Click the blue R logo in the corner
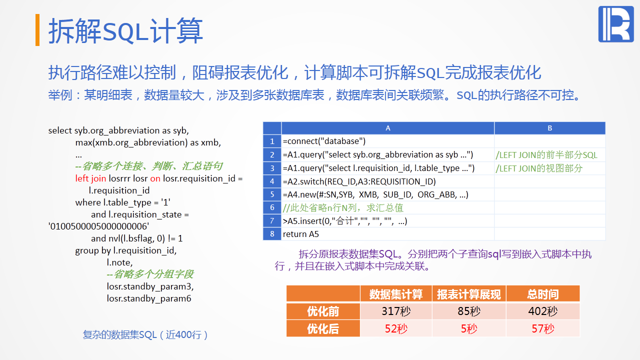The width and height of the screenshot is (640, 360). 615,24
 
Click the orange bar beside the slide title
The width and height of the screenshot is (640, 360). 37,29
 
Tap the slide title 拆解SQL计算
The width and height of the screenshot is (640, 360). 125,30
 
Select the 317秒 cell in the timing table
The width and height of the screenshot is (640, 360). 396,311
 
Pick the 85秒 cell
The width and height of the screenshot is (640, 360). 469,311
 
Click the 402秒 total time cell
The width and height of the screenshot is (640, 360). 543,311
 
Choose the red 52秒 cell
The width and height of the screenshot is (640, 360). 396,328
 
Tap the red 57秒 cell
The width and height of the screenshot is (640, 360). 543,328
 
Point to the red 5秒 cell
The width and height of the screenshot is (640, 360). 469,328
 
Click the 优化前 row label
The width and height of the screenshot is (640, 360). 323,311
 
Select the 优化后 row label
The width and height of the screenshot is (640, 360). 323,328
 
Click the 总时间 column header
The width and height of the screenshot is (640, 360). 543,294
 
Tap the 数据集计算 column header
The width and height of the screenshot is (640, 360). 396,294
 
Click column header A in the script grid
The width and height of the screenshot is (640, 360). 387,128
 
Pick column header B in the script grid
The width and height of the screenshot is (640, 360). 549,128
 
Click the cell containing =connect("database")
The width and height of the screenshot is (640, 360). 387,141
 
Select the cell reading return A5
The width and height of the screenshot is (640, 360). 387,234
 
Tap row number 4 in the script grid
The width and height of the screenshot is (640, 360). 272,181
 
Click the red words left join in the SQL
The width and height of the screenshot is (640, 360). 90,178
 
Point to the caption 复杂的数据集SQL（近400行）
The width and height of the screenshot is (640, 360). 145,334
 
